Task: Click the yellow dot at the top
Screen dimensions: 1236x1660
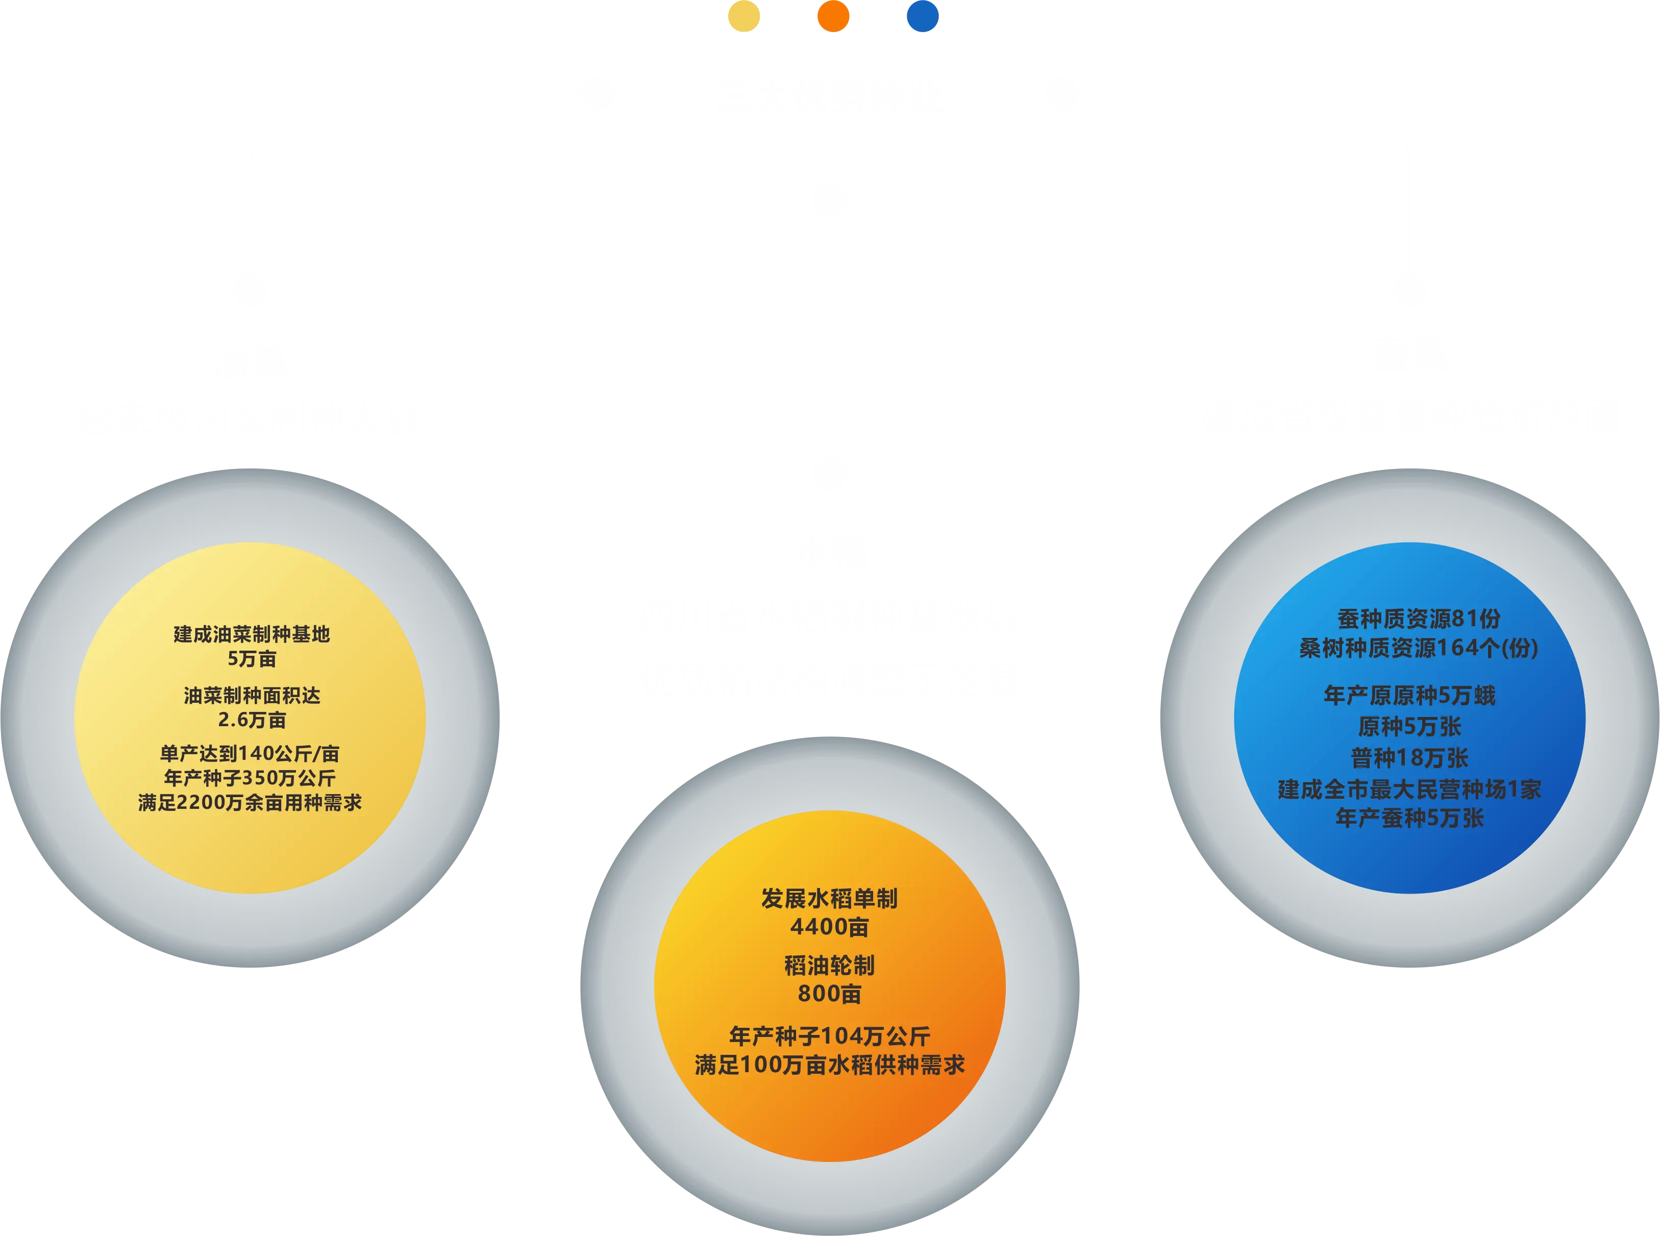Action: tap(745, 16)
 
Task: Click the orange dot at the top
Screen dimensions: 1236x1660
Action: tap(833, 16)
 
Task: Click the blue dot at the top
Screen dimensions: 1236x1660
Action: tap(923, 16)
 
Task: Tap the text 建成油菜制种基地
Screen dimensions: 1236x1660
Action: tap(252, 634)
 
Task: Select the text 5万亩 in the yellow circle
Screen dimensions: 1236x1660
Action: tap(252, 659)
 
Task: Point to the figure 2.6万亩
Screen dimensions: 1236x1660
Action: tap(252, 720)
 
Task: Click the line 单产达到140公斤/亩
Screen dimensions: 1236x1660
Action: tap(250, 753)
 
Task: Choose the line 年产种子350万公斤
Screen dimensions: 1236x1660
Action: tap(250, 778)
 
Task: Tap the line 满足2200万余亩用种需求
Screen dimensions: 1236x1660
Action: tap(250, 803)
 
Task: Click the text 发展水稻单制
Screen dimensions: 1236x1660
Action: tap(829, 899)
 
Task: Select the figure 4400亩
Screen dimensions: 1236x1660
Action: tap(829, 927)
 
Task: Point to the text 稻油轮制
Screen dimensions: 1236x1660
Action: tap(829, 966)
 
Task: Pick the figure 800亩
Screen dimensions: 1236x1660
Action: tap(829, 994)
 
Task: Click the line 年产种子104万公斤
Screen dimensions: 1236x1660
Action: tap(829, 1036)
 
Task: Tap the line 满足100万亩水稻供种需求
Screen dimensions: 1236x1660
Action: tap(829, 1065)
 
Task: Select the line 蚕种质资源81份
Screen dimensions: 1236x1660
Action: tap(1418, 619)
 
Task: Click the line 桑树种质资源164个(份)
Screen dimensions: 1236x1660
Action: tap(1418, 648)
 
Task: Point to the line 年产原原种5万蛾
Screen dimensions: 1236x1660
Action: tap(1409, 696)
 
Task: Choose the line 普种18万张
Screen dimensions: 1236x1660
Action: tap(1409, 758)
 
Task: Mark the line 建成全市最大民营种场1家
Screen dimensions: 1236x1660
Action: tap(1409, 789)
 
